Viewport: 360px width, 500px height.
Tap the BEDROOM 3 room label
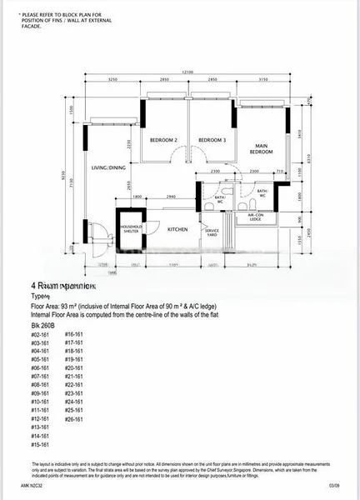click(x=212, y=140)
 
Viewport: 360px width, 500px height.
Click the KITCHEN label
click(x=177, y=229)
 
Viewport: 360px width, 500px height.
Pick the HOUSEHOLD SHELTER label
click(x=131, y=229)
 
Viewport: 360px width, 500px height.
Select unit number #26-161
click(x=75, y=418)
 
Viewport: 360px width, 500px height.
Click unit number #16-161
click(x=75, y=333)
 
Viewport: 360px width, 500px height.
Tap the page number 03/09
click(x=333, y=484)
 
